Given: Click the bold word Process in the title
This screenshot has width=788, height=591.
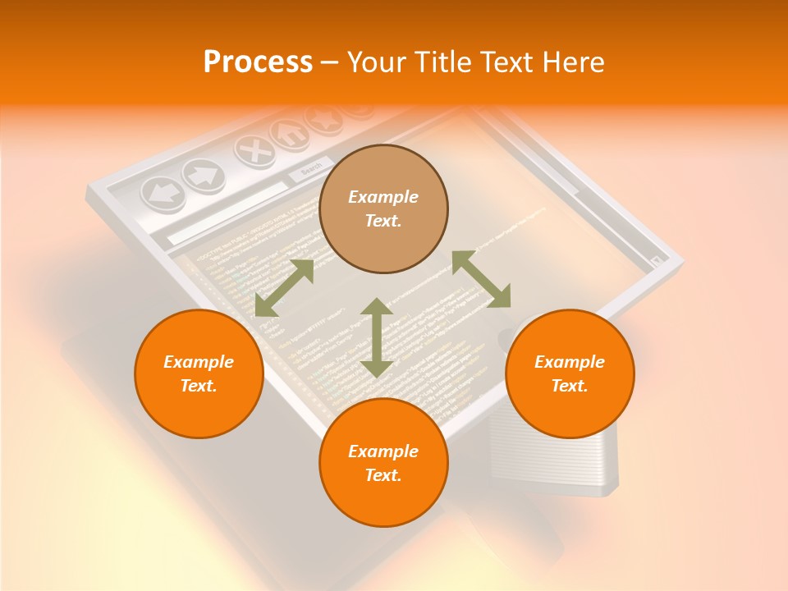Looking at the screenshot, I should [258, 62].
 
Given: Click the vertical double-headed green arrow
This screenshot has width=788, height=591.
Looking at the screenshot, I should [377, 337].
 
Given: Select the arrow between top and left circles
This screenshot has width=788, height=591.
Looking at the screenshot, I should [284, 287].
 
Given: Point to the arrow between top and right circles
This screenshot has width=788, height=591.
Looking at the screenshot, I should [481, 280].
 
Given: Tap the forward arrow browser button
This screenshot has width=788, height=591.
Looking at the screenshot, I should [203, 173].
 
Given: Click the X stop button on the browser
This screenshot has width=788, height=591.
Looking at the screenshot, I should [254, 150].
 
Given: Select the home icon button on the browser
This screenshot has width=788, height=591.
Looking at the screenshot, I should [291, 132].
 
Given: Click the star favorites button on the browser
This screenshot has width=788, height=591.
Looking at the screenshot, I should [323, 119].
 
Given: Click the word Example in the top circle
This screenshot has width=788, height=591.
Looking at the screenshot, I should [383, 197].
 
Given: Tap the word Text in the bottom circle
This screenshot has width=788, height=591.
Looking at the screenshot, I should [383, 475].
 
